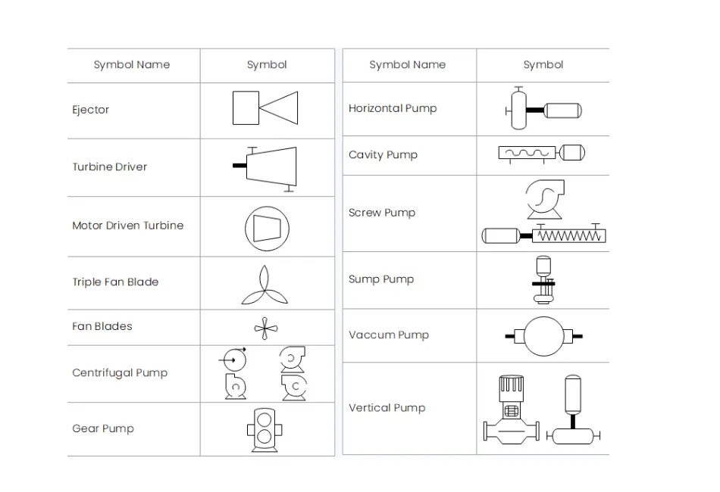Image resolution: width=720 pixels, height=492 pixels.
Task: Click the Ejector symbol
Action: point(265,107)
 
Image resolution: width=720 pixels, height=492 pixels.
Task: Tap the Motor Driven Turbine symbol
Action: point(267,229)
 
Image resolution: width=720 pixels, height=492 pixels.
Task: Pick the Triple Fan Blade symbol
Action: point(265,285)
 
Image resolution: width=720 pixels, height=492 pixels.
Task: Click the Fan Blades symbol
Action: point(266,329)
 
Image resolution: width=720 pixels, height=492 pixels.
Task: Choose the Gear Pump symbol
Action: point(265,430)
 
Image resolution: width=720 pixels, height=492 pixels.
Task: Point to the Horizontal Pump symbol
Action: point(543,109)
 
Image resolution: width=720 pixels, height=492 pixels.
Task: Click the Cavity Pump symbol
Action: point(542,154)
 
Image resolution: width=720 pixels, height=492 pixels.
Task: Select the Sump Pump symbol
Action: point(543,280)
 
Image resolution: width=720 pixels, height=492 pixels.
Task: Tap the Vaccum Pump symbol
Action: point(543,336)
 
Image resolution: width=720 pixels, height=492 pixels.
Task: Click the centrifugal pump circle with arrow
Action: point(234,360)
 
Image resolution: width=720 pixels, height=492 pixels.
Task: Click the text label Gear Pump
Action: point(103,428)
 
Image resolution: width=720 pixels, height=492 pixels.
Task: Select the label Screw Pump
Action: point(381,213)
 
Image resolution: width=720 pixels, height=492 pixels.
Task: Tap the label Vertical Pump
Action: point(387,408)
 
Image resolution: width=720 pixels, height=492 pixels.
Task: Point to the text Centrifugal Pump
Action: point(120,372)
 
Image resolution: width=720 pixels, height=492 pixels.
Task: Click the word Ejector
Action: point(90,110)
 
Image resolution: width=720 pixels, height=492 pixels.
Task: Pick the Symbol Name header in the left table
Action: point(132,64)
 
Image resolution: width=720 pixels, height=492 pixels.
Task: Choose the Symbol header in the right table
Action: point(543,64)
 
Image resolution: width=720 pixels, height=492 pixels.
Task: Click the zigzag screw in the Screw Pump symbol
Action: point(569,235)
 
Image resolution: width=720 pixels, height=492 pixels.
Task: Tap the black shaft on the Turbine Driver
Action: point(239,166)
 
